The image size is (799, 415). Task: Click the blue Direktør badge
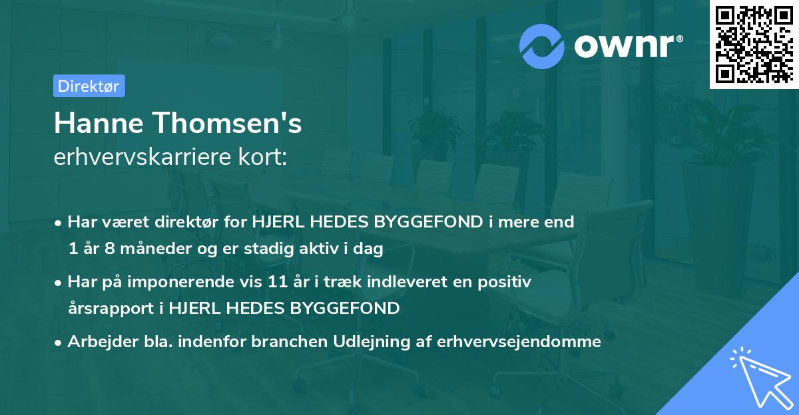[89, 86]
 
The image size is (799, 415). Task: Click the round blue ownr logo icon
[542, 46]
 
